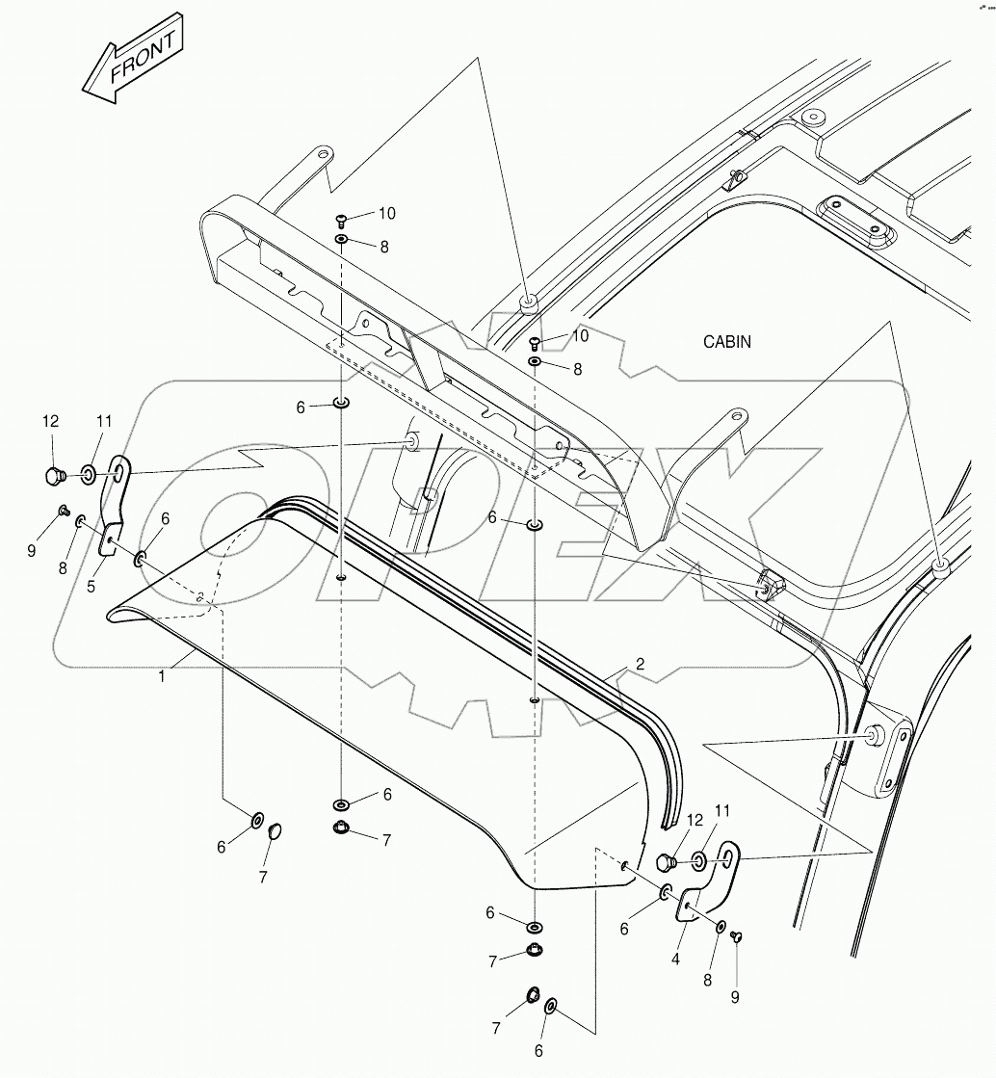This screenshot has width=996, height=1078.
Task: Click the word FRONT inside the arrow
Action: (x=144, y=58)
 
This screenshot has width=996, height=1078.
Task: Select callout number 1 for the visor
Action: (x=162, y=676)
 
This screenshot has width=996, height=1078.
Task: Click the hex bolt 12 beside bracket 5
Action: (x=54, y=474)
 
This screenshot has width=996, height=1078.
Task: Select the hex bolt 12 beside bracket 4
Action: (x=664, y=861)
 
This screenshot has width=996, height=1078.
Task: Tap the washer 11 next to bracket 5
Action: (x=88, y=474)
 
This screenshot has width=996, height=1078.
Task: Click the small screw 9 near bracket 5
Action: (x=64, y=510)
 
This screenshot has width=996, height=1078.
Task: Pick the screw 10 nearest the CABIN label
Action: (x=536, y=341)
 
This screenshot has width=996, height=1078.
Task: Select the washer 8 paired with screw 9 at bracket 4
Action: (x=721, y=927)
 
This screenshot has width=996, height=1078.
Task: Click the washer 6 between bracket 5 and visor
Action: (x=142, y=558)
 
